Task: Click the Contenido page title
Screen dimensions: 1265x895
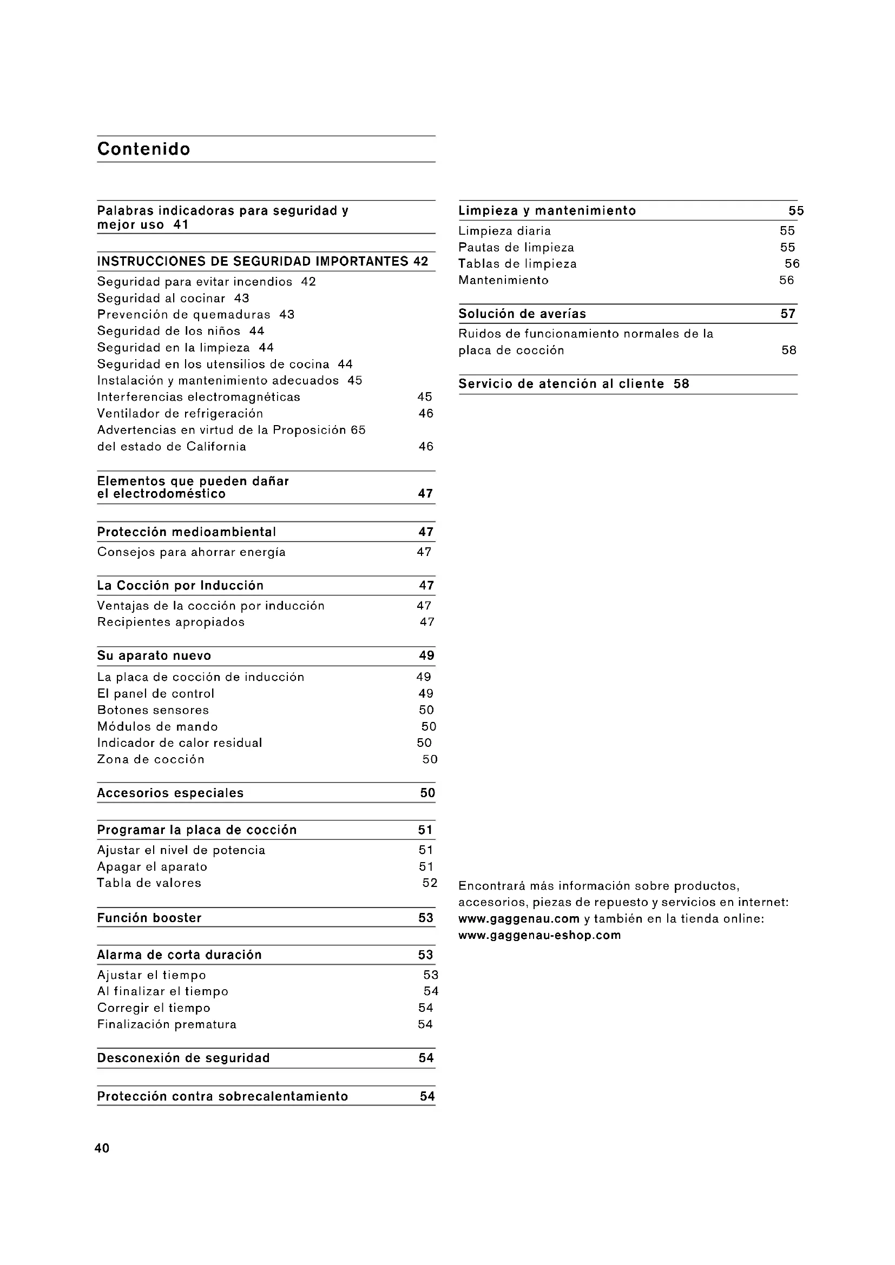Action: click(144, 149)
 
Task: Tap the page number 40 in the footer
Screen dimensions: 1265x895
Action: click(102, 1148)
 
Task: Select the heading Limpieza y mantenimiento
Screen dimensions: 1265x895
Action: click(547, 210)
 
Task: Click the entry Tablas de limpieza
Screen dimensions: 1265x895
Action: click(517, 264)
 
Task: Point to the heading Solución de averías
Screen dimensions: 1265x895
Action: click(522, 314)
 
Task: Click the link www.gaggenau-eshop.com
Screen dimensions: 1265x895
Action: click(539, 935)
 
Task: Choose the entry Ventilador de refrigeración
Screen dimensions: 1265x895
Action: click(180, 414)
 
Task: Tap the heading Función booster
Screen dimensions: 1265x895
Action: click(149, 918)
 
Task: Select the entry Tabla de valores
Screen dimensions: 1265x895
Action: click(149, 883)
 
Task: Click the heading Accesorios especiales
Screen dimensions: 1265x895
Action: click(170, 793)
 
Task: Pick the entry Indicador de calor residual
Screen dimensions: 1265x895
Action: click(180, 743)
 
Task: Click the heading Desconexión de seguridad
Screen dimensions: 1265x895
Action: click(183, 1058)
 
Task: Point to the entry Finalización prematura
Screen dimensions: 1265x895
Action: click(167, 1024)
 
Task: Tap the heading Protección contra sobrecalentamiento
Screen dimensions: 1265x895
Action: click(222, 1096)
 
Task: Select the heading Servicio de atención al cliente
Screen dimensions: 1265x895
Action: click(561, 384)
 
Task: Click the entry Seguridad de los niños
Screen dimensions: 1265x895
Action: click(169, 331)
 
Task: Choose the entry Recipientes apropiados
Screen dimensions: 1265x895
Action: click(171, 622)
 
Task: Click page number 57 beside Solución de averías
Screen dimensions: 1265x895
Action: click(788, 314)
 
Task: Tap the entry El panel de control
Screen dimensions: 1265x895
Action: click(155, 694)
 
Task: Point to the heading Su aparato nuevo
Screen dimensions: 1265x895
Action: click(154, 655)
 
